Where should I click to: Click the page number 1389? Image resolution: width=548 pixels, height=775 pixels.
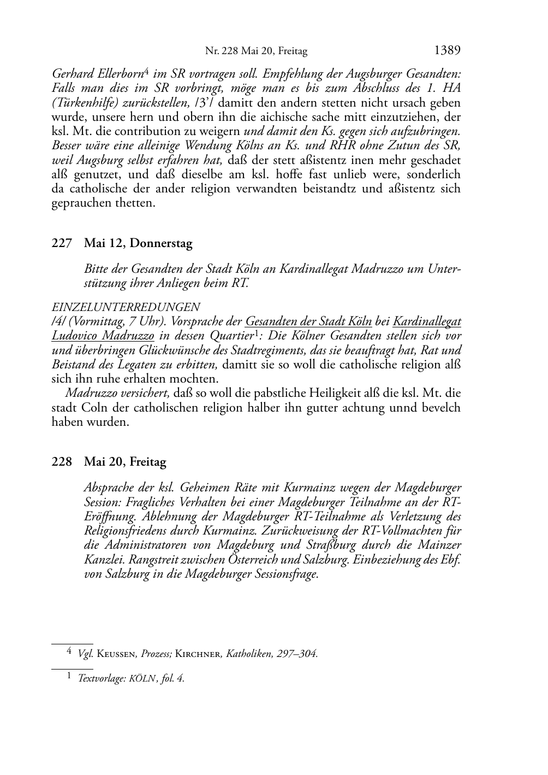click(448, 51)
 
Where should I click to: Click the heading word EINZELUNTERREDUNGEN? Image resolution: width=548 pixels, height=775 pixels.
click(126, 307)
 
